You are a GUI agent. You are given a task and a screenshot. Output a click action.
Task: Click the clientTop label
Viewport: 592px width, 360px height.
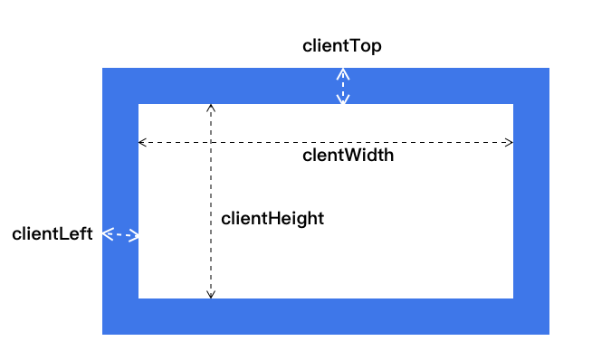click(341, 46)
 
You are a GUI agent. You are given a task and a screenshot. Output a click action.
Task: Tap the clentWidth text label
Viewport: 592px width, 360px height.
click(348, 156)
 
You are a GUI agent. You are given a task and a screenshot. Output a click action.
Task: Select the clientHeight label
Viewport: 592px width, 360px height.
click(272, 218)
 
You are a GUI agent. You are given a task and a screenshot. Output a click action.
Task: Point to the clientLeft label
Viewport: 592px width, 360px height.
click(53, 234)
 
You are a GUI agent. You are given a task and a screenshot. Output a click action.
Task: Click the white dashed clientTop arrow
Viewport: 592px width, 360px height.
click(342, 86)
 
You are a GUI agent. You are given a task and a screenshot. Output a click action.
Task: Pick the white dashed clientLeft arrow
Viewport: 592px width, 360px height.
click(120, 235)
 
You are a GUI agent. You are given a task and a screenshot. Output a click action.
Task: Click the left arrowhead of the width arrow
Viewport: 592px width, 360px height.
click(141, 142)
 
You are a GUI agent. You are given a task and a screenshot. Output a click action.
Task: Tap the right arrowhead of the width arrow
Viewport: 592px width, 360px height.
click(510, 142)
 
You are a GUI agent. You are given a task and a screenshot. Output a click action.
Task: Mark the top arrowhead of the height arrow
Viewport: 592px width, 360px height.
click(211, 108)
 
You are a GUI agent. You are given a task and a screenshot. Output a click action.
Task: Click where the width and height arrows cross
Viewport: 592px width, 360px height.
click(211, 142)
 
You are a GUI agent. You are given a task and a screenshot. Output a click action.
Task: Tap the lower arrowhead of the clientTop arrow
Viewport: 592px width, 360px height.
click(342, 100)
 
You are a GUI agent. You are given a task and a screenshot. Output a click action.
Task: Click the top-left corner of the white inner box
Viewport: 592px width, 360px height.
click(138, 104)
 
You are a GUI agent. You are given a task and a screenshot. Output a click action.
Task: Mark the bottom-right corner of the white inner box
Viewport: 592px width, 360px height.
click(513, 298)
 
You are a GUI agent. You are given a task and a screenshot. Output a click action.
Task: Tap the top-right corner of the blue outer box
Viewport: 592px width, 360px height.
click(549, 68)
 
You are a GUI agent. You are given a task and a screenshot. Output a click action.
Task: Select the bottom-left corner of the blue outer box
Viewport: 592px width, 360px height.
click(102, 334)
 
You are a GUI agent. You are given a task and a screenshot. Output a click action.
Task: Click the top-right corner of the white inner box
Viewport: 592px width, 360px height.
click(513, 104)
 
